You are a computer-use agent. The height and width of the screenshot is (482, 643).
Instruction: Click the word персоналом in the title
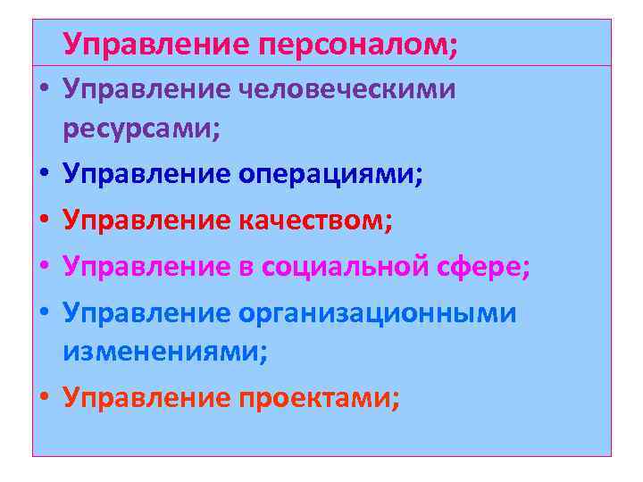tap(358, 42)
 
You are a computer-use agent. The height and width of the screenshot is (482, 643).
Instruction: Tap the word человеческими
tap(347, 89)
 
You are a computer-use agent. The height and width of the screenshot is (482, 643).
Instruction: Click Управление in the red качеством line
tap(146, 220)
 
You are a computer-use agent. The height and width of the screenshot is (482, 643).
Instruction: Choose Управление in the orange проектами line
tap(146, 397)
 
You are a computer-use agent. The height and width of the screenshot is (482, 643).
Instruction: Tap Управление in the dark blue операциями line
tap(146, 174)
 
